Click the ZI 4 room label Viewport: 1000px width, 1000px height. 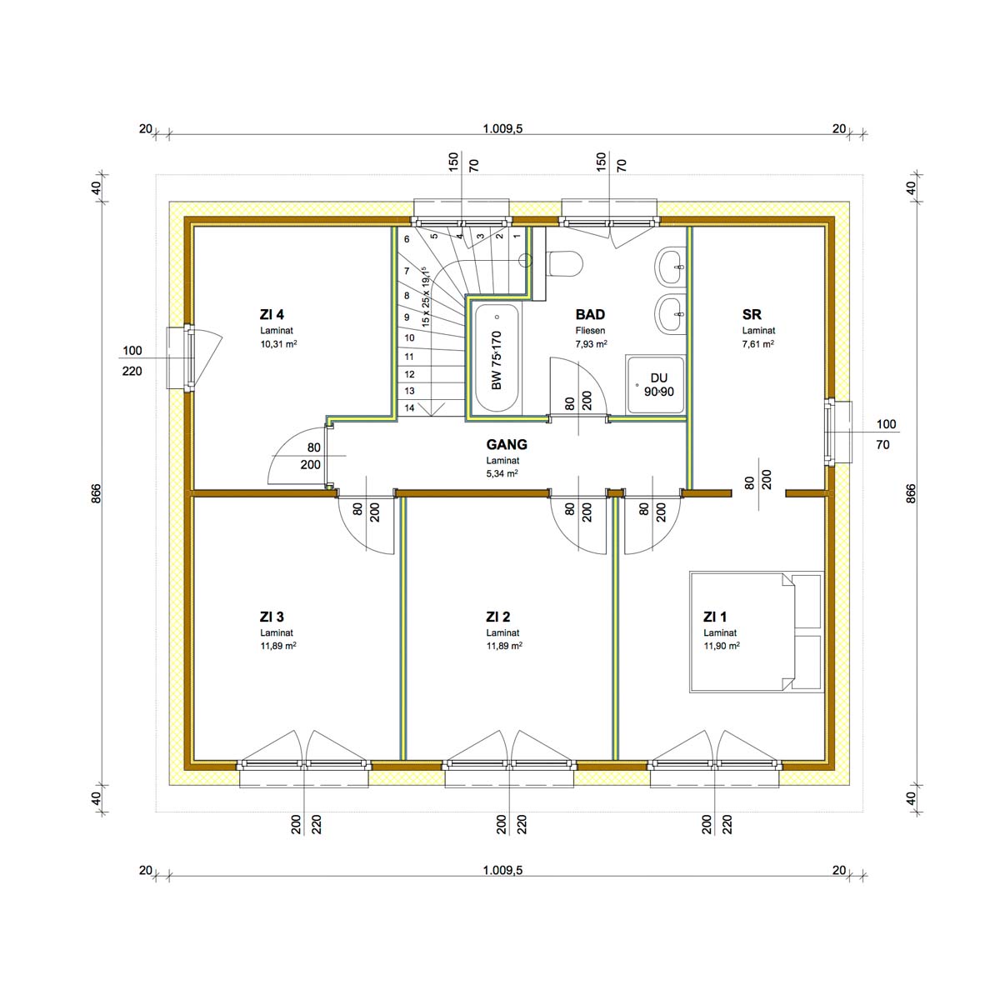(x=272, y=314)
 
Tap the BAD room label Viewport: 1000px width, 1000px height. (x=590, y=314)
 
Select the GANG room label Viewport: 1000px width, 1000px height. (x=507, y=444)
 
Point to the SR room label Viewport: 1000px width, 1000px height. (x=752, y=314)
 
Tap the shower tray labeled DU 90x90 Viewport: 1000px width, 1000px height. (x=656, y=384)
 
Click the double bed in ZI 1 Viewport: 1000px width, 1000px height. (x=757, y=632)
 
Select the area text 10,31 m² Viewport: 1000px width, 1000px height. (x=278, y=343)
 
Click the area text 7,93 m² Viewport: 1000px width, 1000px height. (x=591, y=343)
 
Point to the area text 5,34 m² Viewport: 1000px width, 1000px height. (x=502, y=473)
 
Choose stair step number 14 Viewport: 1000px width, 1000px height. (x=409, y=407)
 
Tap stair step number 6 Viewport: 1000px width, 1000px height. (x=407, y=239)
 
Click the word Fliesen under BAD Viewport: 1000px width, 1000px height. (x=590, y=330)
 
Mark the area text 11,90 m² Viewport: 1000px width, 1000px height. (x=722, y=646)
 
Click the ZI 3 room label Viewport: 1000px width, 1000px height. (x=272, y=617)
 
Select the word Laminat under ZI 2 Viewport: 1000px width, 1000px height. (x=502, y=632)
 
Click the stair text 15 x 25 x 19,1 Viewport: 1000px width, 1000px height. (x=426, y=296)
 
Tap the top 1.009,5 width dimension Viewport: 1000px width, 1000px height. (x=502, y=128)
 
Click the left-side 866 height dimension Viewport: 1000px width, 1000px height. (x=97, y=493)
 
